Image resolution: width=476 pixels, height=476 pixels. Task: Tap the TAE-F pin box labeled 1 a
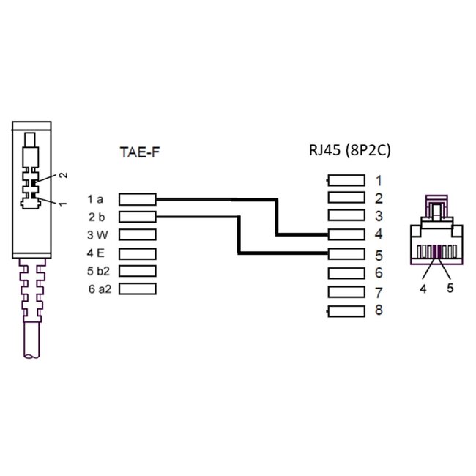(x=137, y=198)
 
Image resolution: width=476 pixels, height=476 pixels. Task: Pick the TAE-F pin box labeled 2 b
(x=137, y=216)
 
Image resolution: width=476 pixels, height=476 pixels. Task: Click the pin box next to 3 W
(x=137, y=234)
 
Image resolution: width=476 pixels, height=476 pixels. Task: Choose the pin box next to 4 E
(x=137, y=253)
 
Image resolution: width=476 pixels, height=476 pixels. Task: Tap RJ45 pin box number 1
(x=346, y=180)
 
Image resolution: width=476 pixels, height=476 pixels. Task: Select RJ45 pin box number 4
(x=346, y=235)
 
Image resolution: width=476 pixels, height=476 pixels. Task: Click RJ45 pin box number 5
(x=346, y=254)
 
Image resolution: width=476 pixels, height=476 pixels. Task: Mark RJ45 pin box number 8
(x=346, y=310)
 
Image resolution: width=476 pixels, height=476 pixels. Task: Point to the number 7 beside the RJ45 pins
(x=379, y=292)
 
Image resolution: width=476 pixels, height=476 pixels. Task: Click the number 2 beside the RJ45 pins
(x=379, y=198)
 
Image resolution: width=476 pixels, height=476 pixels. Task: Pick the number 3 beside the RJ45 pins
(x=379, y=217)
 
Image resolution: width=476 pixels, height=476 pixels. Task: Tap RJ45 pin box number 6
(x=346, y=273)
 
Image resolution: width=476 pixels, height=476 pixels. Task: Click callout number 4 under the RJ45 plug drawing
(x=423, y=288)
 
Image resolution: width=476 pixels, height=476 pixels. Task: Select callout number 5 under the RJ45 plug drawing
(x=450, y=288)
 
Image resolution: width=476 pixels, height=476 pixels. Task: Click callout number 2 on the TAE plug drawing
(x=63, y=175)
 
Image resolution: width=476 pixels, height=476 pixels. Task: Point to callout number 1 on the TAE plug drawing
(x=63, y=201)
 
